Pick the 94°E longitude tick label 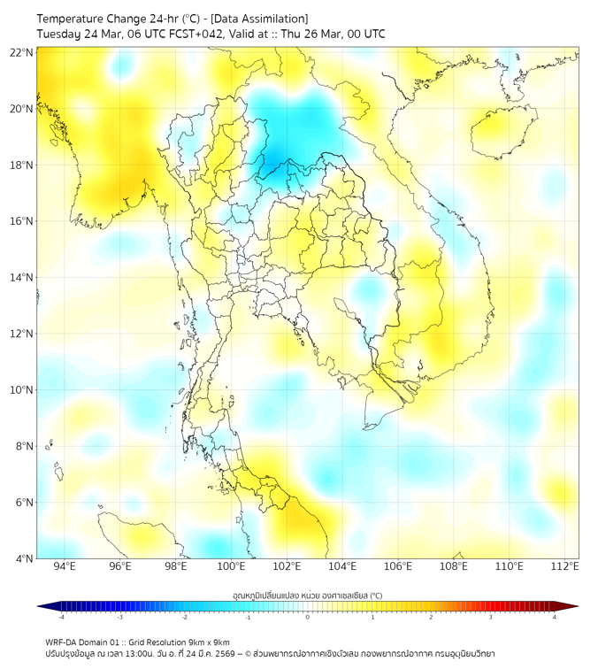[x=65, y=566]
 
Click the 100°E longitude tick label [x=232, y=566]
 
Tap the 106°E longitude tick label [x=398, y=566]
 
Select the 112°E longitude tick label [x=565, y=566]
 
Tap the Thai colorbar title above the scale [x=307, y=596]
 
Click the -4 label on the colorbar [x=60, y=617]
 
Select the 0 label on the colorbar [x=308, y=617]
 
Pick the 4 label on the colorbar [x=555, y=617]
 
